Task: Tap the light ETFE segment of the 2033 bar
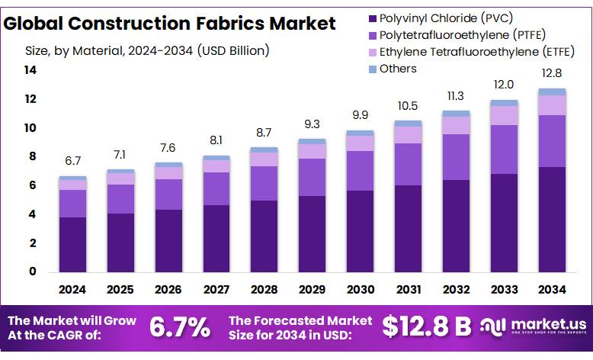click(x=504, y=115)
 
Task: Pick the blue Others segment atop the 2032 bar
click(x=456, y=114)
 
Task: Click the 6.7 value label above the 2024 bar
click(x=73, y=161)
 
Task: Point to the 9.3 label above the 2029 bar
click(x=313, y=124)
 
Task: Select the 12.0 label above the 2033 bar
click(x=504, y=85)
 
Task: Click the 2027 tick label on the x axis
click(x=216, y=290)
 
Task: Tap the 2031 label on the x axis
click(x=409, y=290)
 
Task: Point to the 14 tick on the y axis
click(x=30, y=70)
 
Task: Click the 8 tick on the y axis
click(x=33, y=156)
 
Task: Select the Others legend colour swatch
click(x=373, y=69)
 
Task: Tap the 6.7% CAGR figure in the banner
click(x=180, y=326)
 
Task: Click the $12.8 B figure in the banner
click(x=426, y=326)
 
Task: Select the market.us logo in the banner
click(x=534, y=326)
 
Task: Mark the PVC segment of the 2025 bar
click(x=120, y=243)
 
